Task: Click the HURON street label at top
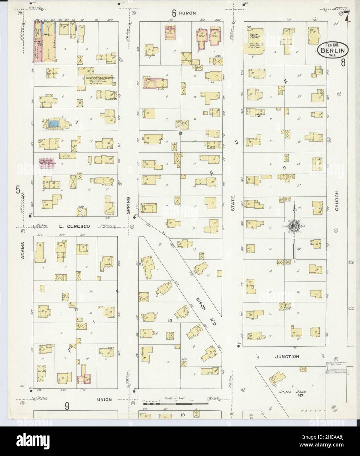189,13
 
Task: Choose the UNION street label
104,400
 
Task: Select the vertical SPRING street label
129,204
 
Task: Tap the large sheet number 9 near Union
67,407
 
